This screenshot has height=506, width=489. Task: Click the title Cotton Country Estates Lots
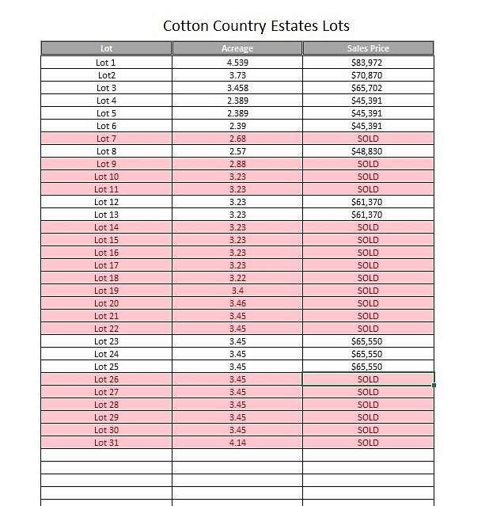[x=256, y=25]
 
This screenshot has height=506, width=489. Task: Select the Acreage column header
[x=237, y=48]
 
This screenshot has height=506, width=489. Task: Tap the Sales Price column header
[x=368, y=48]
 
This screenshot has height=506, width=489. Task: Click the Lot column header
[x=107, y=48]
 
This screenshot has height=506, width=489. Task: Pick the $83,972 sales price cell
[x=367, y=63]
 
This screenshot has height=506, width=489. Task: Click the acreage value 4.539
[x=237, y=63]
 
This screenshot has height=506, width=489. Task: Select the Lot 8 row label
[x=107, y=151]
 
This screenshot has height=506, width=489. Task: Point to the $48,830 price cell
[x=367, y=151]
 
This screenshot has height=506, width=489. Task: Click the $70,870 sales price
[x=367, y=75]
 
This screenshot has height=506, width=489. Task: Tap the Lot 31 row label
[x=107, y=443]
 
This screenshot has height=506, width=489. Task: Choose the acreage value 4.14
[x=237, y=443]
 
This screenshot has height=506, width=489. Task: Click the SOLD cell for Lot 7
[x=368, y=139]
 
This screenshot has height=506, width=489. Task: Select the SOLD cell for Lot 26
[x=368, y=379]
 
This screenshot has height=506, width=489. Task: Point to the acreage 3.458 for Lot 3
[x=237, y=88]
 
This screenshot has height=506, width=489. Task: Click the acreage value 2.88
[x=237, y=164]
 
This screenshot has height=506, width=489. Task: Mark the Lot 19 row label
[x=107, y=291]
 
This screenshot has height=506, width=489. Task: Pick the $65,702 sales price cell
[x=367, y=88]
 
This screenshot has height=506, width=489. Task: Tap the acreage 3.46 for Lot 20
[x=237, y=303]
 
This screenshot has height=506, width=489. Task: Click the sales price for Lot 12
[x=367, y=202]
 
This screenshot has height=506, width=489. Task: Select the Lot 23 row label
[x=107, y=341]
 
